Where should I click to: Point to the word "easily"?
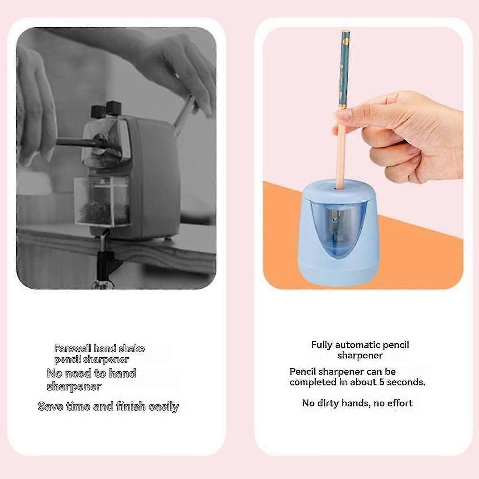point(164,407)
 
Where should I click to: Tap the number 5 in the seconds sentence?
point(382,382)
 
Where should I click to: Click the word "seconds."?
point(406,382)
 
